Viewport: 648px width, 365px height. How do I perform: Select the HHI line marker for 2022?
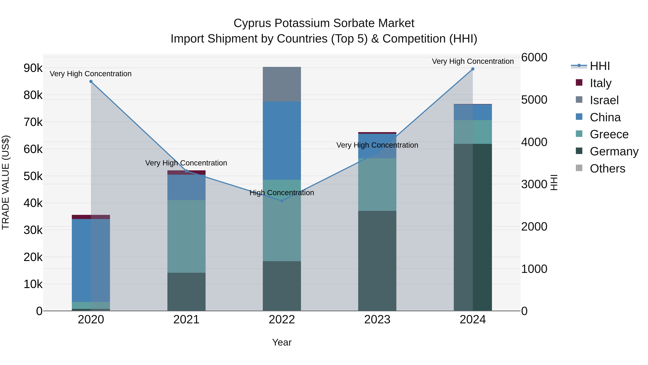[x=282, y=201]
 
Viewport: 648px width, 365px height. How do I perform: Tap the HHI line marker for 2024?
[x=473, y=69]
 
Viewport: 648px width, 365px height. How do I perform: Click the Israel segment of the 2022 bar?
[x=282, y=84]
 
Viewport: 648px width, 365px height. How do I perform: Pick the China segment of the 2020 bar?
[x=91, y=260]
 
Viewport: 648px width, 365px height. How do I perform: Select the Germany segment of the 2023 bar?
[x=377, y=261]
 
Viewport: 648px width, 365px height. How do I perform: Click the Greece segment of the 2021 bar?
[x=186, y=236]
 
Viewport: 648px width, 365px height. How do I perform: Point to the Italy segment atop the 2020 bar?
[x=91, y=217]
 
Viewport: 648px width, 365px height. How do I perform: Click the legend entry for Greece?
[x=609, y=134]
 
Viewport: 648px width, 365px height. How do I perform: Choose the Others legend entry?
[x=607, y=169]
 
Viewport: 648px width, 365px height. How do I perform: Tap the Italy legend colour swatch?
[x=579, y=83]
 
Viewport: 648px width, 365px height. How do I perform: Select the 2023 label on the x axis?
[x=377, y=320]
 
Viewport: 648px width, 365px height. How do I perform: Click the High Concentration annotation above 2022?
[x=282, y=193]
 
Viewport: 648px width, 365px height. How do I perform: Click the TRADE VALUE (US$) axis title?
[x=6, y=183]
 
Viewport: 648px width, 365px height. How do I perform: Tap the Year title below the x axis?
[x=282, y=342]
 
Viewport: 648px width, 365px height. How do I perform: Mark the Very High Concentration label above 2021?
[x=186, y=163]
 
